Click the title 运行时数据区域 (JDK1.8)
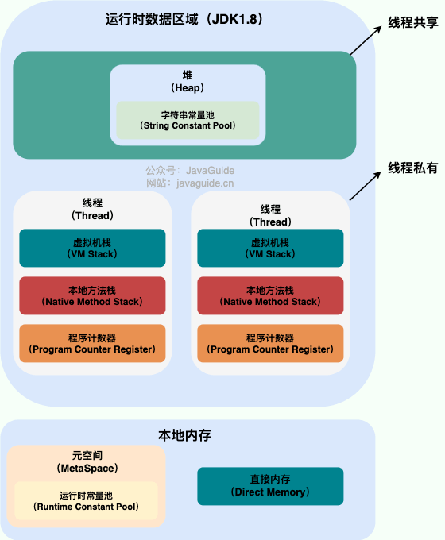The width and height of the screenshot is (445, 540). [x=183, y=21]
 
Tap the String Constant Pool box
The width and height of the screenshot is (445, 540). [x=188, y=120]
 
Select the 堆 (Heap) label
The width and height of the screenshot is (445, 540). [x=188, y=80]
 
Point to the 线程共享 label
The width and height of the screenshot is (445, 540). [x=412, y=23]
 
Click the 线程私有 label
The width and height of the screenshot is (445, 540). [x=412, y=168]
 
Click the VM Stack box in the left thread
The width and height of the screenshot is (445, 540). [x=92, y=248]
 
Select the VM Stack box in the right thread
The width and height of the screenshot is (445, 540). [x=270, y=248]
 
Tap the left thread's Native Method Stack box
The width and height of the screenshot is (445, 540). [x=92, y=295]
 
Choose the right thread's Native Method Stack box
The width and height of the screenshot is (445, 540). [x=270, y=295]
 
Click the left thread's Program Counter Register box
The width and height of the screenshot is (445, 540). [x=92, y=343]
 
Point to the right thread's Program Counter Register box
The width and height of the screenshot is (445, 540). [x=270, y=343]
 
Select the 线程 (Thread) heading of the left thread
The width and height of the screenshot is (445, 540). [x=92, y=209]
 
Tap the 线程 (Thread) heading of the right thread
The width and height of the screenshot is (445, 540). [x=270, y=215]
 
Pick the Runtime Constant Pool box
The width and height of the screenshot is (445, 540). [x=86, y=500]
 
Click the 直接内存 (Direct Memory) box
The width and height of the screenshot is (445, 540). [x=270, y=486]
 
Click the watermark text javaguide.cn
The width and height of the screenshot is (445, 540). [x=205, y=183]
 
